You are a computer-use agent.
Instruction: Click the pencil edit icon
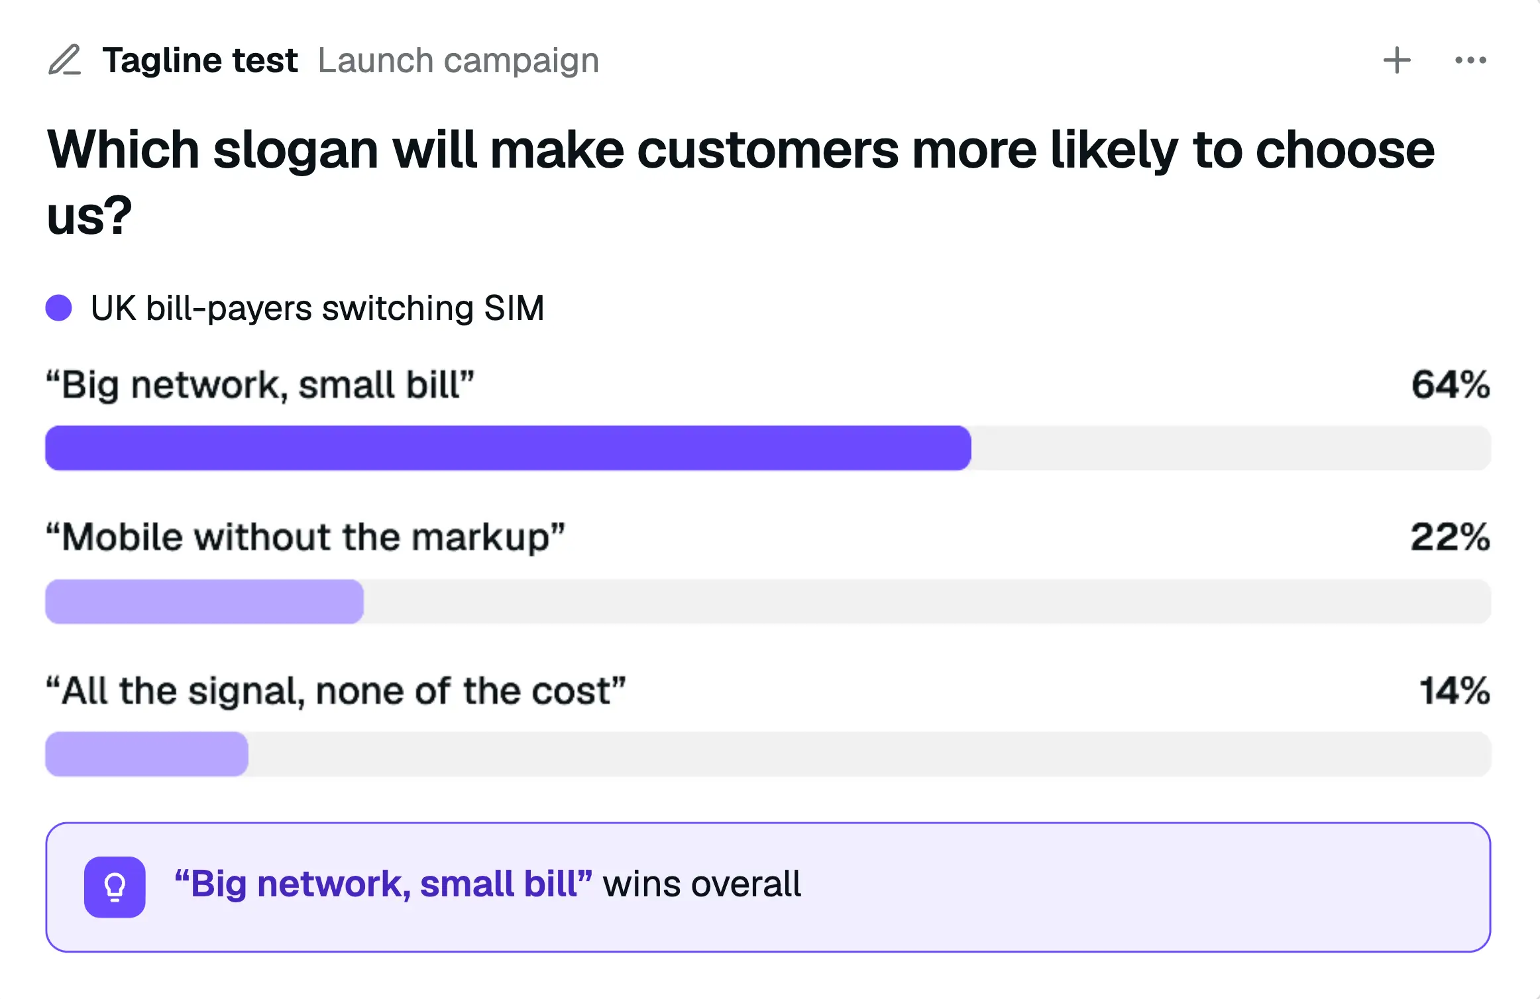pos(65,60)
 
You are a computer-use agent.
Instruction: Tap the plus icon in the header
pos(1397,60)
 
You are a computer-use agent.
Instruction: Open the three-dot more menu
pos(1470,60)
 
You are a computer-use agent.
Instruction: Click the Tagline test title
pos(200,61)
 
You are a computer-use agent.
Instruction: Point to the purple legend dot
pos(58,308)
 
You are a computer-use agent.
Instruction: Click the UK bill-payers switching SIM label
pos(317,309)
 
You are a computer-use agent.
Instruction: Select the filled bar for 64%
pos(508,448)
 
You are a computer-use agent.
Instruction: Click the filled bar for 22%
pos(204,602)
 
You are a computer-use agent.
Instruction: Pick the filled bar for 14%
pos(146,754)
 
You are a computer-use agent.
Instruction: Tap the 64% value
pos(1451,385)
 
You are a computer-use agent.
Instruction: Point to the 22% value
pos(1450,537)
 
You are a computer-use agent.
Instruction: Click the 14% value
pos(1455,691)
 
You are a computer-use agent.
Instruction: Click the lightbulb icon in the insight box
pos(115,887)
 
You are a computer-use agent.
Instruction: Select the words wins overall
pos(702,884)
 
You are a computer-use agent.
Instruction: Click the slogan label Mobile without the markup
pos(305,537)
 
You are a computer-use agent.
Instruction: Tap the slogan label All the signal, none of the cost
pos(336,692)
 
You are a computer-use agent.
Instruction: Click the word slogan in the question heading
pos(296,152)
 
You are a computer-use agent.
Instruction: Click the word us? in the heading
pos(89,216)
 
